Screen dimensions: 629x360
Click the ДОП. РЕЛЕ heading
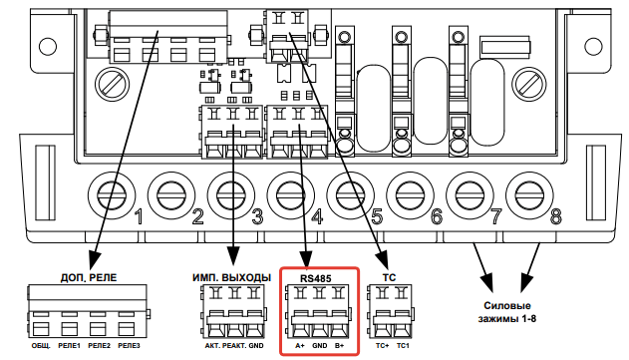(89, 277)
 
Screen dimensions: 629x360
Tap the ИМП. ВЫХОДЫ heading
(231, 277)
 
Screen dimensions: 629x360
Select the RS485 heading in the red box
(316, 278)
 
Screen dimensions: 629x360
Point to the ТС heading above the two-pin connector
(389, 277)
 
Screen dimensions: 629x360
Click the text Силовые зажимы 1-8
(506, 312)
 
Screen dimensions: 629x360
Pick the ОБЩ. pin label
(41, 346)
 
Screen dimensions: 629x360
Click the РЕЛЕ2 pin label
(99, 346)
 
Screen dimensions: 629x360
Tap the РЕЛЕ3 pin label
(129, 346)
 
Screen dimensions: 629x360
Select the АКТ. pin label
(212, 346)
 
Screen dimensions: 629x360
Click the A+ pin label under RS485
(300, 346)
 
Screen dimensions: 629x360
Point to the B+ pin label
(339, 346)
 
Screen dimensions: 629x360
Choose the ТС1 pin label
(403, 346)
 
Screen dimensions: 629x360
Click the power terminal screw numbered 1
(111, 195)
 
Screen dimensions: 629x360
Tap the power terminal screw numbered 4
(290, 195)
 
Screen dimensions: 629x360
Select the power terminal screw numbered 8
(529, 195)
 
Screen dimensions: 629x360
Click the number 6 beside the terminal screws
(437, 216)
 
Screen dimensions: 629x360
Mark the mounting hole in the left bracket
(47, 45)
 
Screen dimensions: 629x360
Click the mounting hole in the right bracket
(593, 45)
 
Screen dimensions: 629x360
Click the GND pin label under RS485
(320, 346)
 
